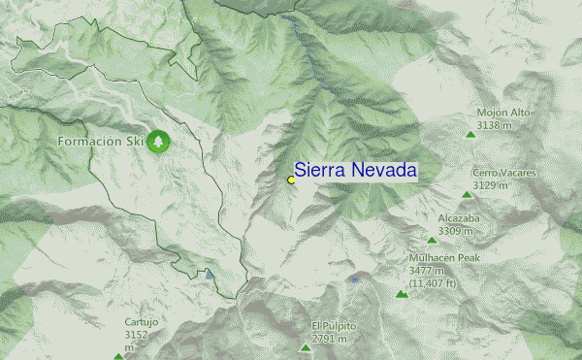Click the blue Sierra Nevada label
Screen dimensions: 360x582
pos(355,171)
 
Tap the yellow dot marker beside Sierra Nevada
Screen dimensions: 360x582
pos(291,180)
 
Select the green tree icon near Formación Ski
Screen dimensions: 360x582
pos(158,142)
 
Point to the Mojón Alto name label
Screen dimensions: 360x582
pos(503,113)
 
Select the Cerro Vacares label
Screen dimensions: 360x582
pos(503,173)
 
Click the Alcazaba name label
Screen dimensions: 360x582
pos(459,218)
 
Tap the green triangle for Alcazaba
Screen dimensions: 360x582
pos(433,240)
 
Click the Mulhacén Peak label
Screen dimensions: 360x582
pos(444,258)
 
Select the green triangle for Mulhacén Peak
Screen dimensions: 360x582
pos(401,294)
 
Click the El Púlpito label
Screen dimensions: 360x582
pos(334,325)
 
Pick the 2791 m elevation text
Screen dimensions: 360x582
pos(329,339)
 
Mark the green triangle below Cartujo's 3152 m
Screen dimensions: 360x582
pos(119,356)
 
